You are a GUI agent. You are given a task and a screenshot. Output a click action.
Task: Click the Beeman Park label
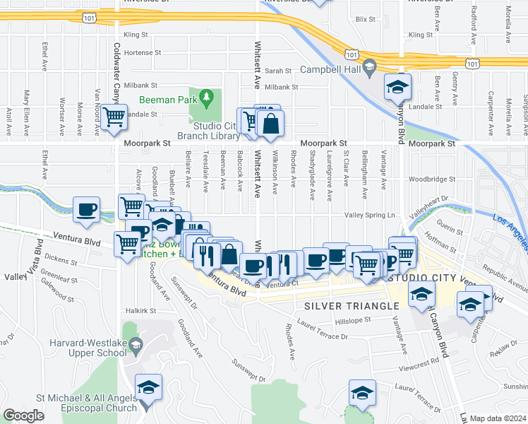point(167,100)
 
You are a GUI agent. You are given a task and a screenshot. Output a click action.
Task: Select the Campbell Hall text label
point(330,69)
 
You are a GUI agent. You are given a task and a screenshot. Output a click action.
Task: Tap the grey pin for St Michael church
point(145,406)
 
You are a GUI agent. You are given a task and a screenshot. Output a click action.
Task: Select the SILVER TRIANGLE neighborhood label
point(352,306)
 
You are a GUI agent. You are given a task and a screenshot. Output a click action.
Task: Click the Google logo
point(23,416)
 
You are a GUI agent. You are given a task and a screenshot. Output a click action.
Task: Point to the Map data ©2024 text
point(498,418)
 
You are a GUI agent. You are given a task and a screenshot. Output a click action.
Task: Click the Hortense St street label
point(143,52)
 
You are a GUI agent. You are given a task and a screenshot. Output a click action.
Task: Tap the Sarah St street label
point(278,71)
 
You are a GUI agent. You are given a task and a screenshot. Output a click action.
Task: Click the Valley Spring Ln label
point(368,215)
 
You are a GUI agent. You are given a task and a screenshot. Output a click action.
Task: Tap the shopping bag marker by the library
point(270,124)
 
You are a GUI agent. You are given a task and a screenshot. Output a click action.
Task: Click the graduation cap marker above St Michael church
point(149,387)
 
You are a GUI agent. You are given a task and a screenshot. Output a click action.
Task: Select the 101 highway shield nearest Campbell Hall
point(351,54)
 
